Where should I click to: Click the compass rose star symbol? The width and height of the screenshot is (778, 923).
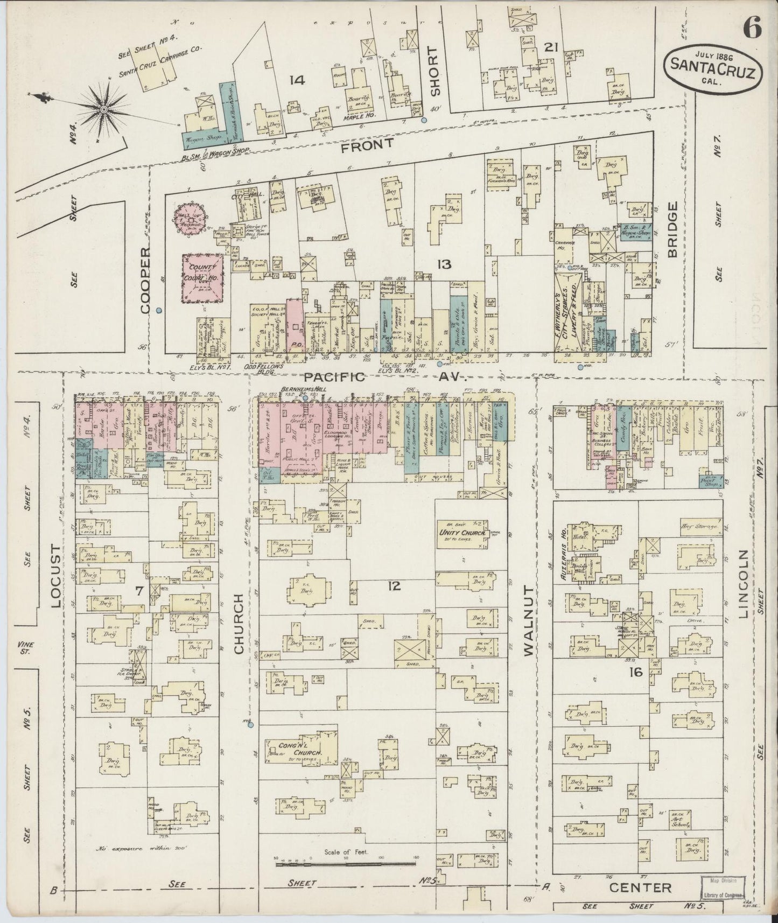(x=102, y=109)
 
